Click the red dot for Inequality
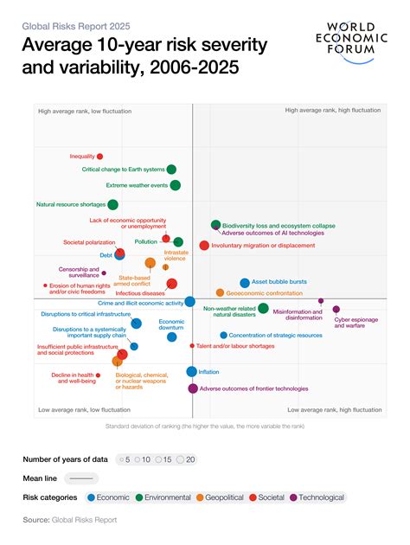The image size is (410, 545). (99, 157)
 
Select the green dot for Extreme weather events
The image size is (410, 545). (176, 185)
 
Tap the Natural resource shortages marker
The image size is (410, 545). (112, 205)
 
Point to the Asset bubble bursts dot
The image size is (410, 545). (245, 283)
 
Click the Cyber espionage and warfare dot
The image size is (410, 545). (336, 310)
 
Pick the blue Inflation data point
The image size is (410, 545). (192, 372)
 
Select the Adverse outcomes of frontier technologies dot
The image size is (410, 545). (193, 388)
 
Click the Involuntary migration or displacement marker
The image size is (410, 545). (204, 246)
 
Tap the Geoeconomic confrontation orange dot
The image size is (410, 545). (220, 293)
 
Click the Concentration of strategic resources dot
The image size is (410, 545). (223, 335)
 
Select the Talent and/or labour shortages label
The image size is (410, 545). (235, 346)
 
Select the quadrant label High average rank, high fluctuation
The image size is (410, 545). (333, 111)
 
